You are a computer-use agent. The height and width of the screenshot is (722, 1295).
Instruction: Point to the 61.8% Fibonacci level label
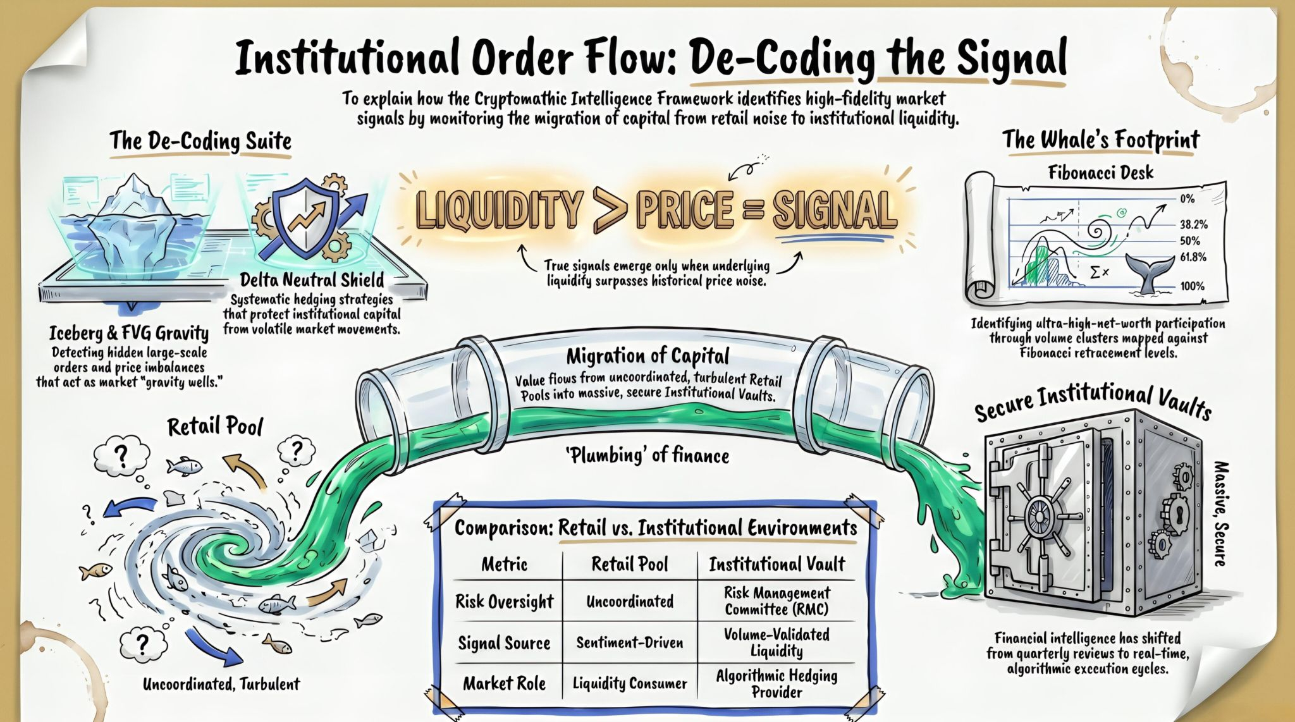[x=1193, y=257]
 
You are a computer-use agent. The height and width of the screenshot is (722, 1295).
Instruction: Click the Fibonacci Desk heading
[x=1100, y=173]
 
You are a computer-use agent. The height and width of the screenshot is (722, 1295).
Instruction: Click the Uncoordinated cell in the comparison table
[x=630, y=601]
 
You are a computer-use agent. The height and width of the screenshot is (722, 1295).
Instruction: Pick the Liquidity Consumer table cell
[x=630, y=683]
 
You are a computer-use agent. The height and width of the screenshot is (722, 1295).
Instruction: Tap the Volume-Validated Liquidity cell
[x=776, y=642]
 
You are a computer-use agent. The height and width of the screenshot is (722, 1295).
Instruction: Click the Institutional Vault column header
[x=777, y=564]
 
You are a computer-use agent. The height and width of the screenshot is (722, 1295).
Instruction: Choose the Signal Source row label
[x=504, y=644]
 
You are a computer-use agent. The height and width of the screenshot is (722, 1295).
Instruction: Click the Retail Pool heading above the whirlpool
[x=215, y=427]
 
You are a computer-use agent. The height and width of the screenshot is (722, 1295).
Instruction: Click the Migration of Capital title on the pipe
[x=647, y=357]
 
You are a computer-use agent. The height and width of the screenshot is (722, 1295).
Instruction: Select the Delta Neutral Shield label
[x=312, y=279]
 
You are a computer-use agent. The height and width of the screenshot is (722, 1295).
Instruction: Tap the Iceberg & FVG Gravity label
[x=129, y=333]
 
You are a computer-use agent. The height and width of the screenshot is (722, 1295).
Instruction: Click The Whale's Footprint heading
[x=1101, y=140]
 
